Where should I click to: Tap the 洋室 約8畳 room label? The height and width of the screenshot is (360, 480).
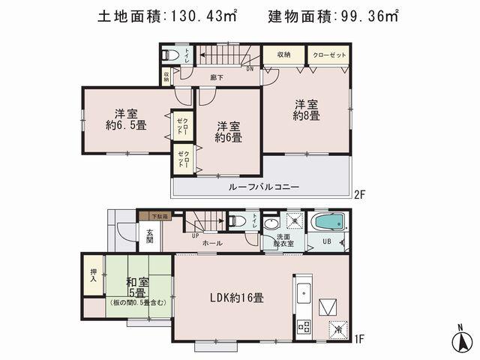(307, 110)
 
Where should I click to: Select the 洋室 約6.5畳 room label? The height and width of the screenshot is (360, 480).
(125, 120)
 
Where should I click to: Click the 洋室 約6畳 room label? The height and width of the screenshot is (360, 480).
(228, 132)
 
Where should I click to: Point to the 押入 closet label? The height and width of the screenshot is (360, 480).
(94, 275)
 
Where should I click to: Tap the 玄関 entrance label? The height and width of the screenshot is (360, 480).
(149, 234)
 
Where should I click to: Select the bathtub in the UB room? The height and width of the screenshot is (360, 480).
(327, 223)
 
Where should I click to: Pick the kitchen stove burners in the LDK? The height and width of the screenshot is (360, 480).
(304, 326)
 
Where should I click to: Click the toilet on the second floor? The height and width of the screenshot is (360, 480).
(169, 55)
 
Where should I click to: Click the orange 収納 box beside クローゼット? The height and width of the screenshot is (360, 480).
(283, 55)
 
